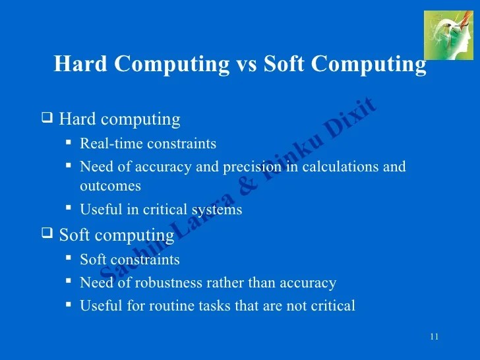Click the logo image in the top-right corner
448,35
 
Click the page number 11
434,338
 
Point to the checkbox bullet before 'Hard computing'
47,119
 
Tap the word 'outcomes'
110,186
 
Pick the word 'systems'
217,210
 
